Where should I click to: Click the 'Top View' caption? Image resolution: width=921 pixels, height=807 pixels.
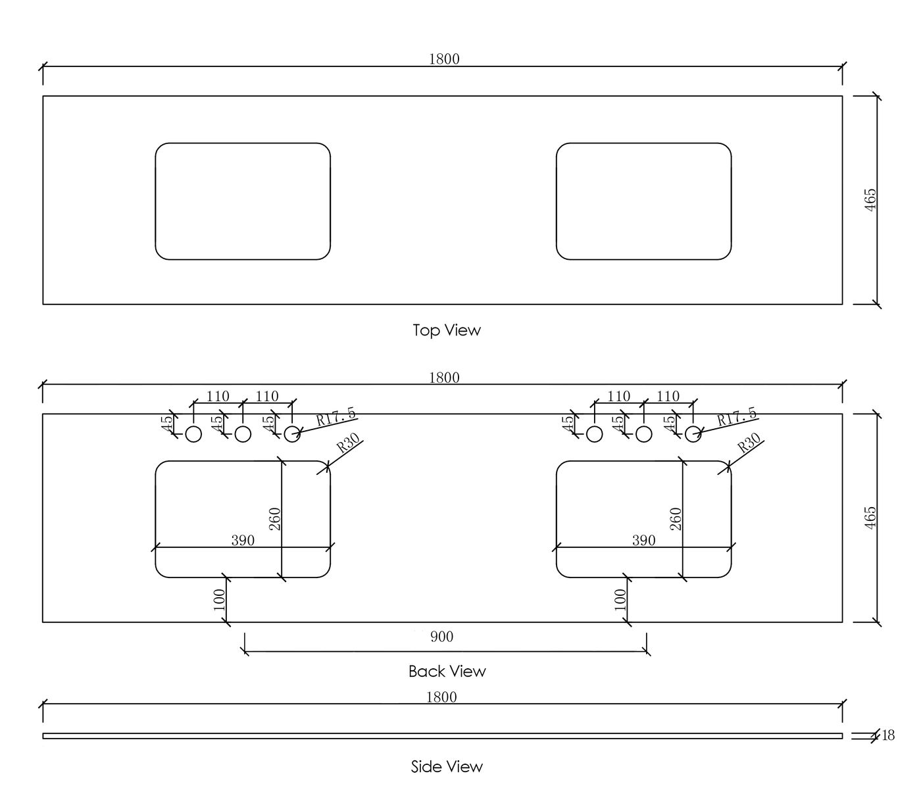(x=446, y=330)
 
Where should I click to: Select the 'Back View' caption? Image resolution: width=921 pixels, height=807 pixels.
(x=447, y=672)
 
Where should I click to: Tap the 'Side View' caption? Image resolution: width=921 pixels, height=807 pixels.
(x=447, y=767)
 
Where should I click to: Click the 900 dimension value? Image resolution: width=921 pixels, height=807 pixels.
(x=441, y=637)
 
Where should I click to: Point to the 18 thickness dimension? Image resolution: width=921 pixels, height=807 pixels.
(x=888, y=735)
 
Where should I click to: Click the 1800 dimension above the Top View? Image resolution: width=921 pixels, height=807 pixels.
(x=444, y=59)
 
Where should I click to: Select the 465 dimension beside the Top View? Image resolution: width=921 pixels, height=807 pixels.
(x=870, y=200)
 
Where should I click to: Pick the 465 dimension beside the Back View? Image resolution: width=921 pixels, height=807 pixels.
(x=870, y=518)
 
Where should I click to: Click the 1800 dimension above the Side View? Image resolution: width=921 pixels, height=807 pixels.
(x=441, y=697)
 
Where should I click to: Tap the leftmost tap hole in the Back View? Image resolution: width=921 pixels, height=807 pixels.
(x=193, y=434)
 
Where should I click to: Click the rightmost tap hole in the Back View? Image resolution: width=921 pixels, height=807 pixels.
(x=693, y=434)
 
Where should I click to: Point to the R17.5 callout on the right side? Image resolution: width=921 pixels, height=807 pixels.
(x=736, y=417)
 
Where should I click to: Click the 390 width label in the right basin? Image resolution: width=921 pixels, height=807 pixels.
(x=643, y=541)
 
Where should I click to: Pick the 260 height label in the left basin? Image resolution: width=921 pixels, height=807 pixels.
(x=276, y=518)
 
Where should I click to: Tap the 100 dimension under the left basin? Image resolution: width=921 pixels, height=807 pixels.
(x=220, y=599)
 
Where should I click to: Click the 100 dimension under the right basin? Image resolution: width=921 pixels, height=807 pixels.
(x=620, y=599)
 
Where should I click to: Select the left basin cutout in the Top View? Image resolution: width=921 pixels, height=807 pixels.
(x=243, y=201)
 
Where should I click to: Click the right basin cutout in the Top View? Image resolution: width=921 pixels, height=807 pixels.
(x=643, y=201)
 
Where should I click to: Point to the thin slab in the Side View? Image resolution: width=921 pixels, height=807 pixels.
(x=442, y=736)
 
